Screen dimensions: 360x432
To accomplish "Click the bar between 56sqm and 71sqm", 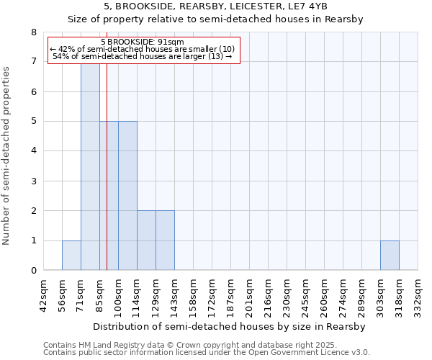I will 71,256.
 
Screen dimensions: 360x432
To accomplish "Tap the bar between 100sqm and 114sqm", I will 127,196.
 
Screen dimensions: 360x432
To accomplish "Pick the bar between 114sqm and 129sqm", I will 146,240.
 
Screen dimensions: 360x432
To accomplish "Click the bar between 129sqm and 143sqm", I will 165,240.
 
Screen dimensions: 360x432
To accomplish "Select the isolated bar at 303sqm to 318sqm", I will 390,256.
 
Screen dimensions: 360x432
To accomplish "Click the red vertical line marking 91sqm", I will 107,180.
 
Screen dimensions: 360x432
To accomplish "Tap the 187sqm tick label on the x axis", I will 230,295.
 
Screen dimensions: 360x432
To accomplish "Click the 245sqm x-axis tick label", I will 305,295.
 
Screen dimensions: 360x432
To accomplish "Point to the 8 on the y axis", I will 33,32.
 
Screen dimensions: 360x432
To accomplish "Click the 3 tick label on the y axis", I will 33,181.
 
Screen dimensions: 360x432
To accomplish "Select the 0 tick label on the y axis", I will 33,271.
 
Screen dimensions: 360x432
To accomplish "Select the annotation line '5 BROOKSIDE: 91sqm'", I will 143,42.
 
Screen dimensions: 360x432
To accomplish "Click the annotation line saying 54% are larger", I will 143,56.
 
